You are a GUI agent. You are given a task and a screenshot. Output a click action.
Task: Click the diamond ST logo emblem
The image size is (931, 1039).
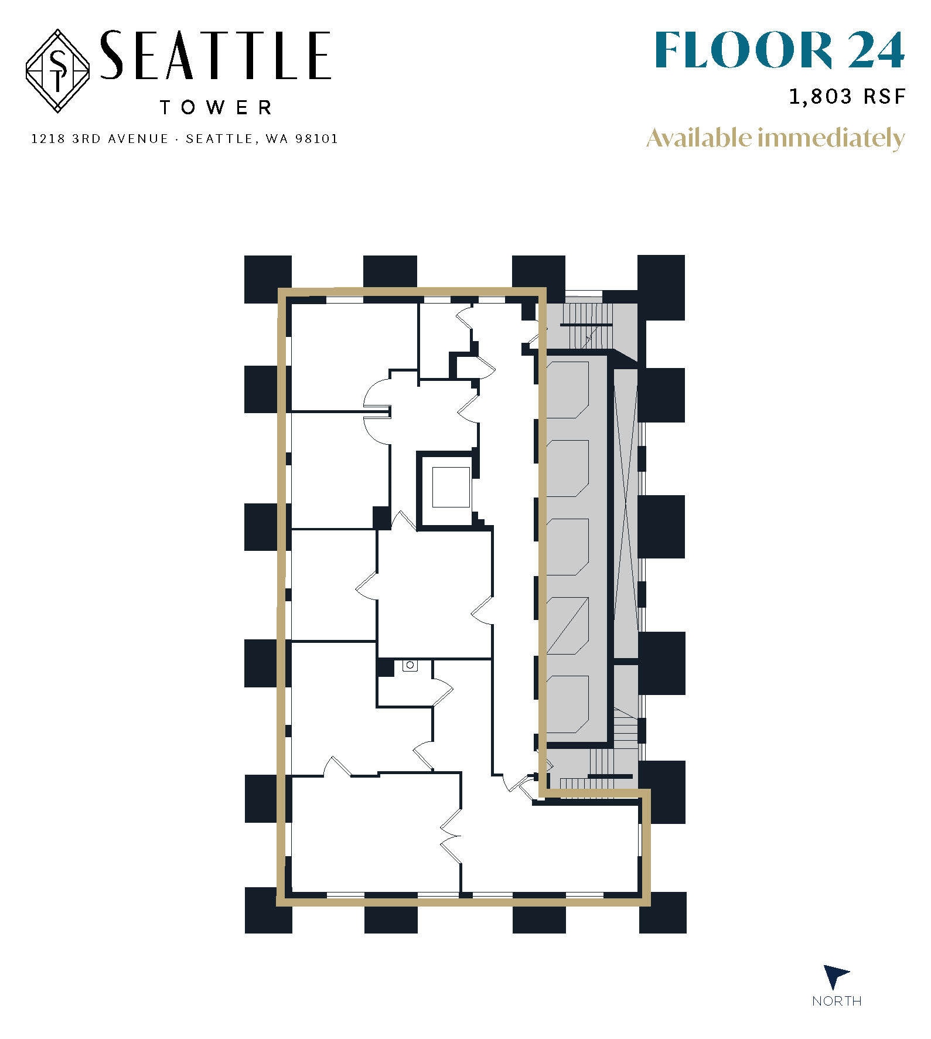[57, 71]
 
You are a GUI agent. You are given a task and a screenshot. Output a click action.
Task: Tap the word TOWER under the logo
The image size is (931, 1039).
[216, 107]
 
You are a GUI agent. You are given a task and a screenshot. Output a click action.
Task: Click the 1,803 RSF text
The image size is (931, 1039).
[847, 96]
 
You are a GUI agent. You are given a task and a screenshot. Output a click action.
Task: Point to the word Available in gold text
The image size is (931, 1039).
[699, 138]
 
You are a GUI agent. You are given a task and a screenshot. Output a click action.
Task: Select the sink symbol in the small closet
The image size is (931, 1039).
[410, 666]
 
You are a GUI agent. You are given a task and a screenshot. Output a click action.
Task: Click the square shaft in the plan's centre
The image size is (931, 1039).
[451, 487]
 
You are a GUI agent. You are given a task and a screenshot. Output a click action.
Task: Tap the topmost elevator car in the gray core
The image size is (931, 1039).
[567, 390]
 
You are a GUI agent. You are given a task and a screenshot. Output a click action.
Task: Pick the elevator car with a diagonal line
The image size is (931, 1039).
[567, 626]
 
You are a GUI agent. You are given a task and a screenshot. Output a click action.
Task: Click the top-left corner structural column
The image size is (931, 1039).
[267, 279]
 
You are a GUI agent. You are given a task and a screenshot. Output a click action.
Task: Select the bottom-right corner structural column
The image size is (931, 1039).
[662, 912]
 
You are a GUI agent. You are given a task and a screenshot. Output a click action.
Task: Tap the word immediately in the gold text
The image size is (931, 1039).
[831, 138]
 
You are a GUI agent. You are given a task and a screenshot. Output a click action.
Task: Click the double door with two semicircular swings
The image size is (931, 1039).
[376, 410]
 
